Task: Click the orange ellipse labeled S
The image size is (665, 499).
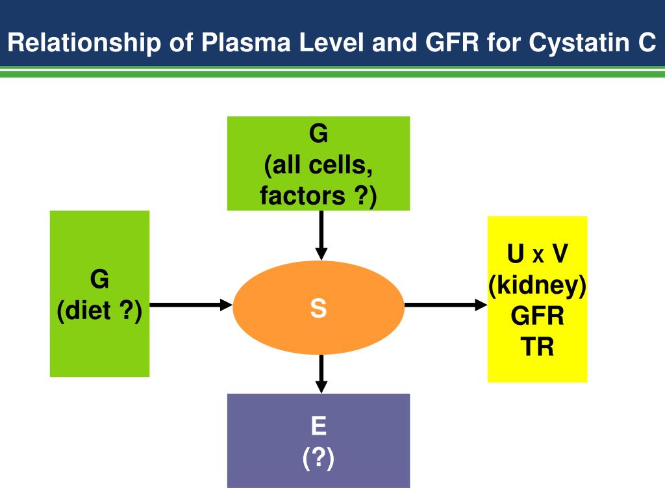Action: coord(318,307)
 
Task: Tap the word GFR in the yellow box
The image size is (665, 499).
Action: coord(537,316)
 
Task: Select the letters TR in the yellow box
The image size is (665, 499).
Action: coord(537,347)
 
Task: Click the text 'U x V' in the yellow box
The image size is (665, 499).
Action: coord(537,253)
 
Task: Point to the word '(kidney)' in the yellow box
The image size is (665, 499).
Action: coord(537,286)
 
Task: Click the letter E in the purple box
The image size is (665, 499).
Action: coord(318,426)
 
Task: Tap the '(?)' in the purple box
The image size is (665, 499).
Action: coord(318,458)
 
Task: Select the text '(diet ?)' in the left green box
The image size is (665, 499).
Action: coord(99,311)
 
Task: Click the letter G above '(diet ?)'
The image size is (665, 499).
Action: coord(99,279)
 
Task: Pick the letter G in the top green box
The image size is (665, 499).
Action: coord(318,133)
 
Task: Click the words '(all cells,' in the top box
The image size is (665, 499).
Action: coord(318,165)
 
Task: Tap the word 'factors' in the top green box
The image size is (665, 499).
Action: coord(303,196)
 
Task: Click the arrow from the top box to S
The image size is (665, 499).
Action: coord(321,235)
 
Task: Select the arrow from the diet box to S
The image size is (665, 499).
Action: coord(192,305)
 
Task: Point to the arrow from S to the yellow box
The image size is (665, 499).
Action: coord(446,305)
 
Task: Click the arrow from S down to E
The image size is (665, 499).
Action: coord(321,374)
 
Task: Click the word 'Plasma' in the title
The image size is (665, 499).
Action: coord(246,42)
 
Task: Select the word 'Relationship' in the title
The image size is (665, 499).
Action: coord(84,43)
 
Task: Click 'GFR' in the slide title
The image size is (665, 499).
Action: coord(452,42)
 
